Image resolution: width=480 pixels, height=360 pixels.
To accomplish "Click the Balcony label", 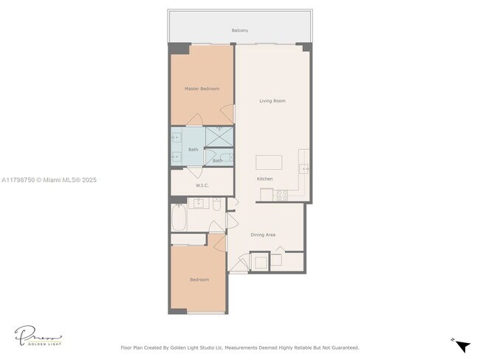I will click(239, 30).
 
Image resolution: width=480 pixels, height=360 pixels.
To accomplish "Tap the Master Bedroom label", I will click(202, 89).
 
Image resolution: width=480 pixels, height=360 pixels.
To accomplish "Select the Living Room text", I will click(272, 100).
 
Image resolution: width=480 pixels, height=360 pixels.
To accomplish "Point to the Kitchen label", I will click(264, 179).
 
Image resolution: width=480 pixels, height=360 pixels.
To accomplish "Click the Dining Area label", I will click(263, 235).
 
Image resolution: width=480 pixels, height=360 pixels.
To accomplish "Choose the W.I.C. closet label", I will click(202, 186).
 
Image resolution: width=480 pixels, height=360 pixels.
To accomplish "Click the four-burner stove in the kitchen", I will click(282, 195).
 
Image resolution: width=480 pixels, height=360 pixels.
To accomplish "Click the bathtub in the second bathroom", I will click(179, 218).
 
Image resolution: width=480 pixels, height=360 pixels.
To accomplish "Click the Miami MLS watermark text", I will click(49, 180).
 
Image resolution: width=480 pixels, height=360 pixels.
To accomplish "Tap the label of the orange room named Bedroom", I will click(199, 280).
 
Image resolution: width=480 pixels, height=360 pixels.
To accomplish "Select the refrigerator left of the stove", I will click(266, 195).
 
